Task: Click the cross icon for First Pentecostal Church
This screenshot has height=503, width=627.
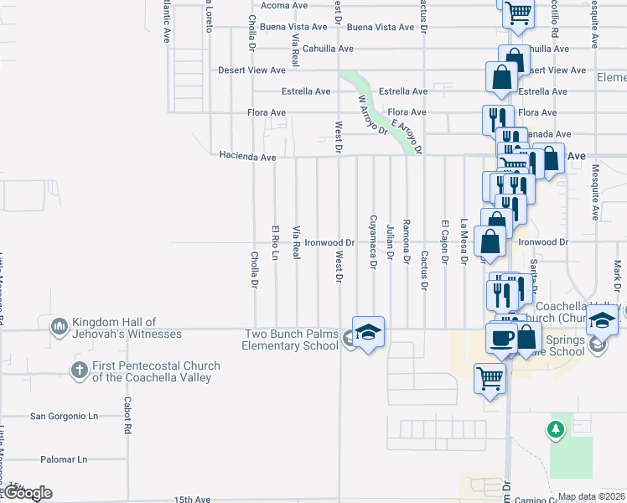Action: (80, 371)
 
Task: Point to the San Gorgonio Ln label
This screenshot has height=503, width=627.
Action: (64, 416)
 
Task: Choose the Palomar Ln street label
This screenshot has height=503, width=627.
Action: (64, 459)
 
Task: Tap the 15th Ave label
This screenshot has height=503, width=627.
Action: (194, 500)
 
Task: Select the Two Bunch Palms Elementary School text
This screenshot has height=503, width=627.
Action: (291, 340)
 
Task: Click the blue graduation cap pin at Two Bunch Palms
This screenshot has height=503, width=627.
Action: (368, 333)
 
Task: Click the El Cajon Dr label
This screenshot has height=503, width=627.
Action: (444, 241)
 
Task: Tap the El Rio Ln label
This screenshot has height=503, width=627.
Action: (274, 241)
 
